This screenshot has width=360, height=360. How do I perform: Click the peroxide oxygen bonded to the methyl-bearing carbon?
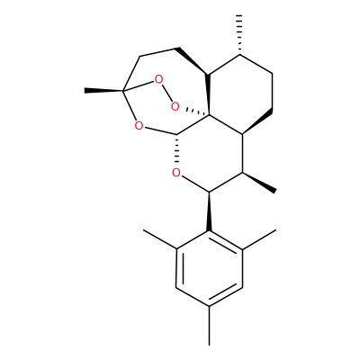(x=158, y=80)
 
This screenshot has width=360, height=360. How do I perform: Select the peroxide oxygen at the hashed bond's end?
(x=175, y=106)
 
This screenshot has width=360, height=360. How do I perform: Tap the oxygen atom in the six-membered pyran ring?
(x=176, y=173)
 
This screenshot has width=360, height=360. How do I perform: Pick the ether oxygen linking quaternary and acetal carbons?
(x=139, y=125)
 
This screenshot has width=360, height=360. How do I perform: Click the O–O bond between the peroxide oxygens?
(x=166, y=93)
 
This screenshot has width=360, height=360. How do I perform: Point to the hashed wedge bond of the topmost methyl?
(x=239, y=34)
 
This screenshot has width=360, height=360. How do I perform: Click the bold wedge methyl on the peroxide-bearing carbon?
(x=103, y=90)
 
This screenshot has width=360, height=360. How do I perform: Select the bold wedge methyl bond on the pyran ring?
(x=259, y=183)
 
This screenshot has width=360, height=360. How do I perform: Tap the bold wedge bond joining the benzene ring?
(x=209, y=211)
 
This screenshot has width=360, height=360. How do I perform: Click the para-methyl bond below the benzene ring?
(x=209, y=326)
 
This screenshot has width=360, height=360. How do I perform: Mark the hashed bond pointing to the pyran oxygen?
(x=176, y=149)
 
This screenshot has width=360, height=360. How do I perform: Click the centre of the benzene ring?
(x=209, y=268)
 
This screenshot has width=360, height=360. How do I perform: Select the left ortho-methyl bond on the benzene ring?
(x=160, y=239)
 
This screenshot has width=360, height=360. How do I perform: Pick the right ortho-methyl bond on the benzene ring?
(x=258, y=239)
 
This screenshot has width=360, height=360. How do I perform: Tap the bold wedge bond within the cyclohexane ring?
(x=257, y=123)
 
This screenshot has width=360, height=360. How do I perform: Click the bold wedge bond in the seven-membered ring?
(x=193, y=60)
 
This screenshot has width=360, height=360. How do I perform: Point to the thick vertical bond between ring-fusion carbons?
(x=209, y=94)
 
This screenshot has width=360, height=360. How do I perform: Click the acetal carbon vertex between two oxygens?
(x=176, y=134)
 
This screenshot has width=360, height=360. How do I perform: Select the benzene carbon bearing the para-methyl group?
(x=209, y=306)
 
